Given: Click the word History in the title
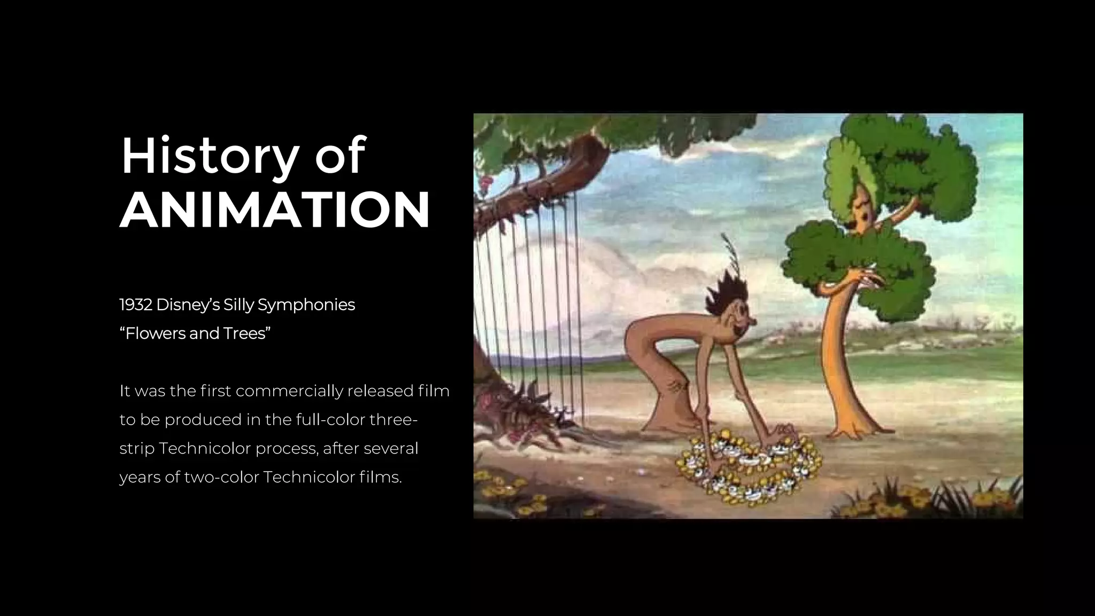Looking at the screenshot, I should (x=209, y=157).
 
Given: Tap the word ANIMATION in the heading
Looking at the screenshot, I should (x=274, y=210).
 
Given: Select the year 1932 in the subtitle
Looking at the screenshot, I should (x=136, y=305).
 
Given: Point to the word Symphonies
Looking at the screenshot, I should (x=306, y=305).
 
